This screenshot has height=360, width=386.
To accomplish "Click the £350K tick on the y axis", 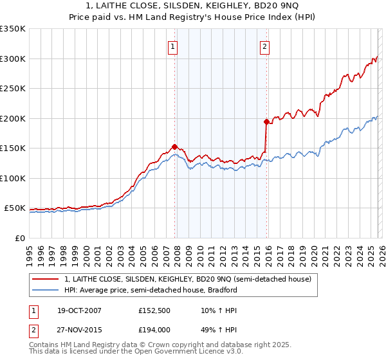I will pyautogui.click(x=13, y=29).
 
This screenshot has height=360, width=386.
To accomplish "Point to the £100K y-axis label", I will pyautogui.click(x=13, y=179).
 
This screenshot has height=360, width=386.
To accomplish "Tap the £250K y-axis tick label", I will pyautogui.click(x=13, y=89).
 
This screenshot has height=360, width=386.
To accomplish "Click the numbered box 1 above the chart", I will pyautogui.click(x=174, y=46).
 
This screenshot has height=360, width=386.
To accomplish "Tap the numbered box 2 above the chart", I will pyautogui.click(x=264, y=46).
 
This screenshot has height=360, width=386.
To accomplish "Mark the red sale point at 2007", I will pyautogui.click(x=174, y=147).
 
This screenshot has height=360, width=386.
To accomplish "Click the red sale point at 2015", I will pyautogui.click(x=266, y=122).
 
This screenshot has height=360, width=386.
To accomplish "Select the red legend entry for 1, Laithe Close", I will pyautogui.click(x=187, y=279).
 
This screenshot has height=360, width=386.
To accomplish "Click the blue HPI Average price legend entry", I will pyautogui.click(x=151, y=290).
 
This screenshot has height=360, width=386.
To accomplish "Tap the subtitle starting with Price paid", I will pyautogui.click(x=192, y=17).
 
